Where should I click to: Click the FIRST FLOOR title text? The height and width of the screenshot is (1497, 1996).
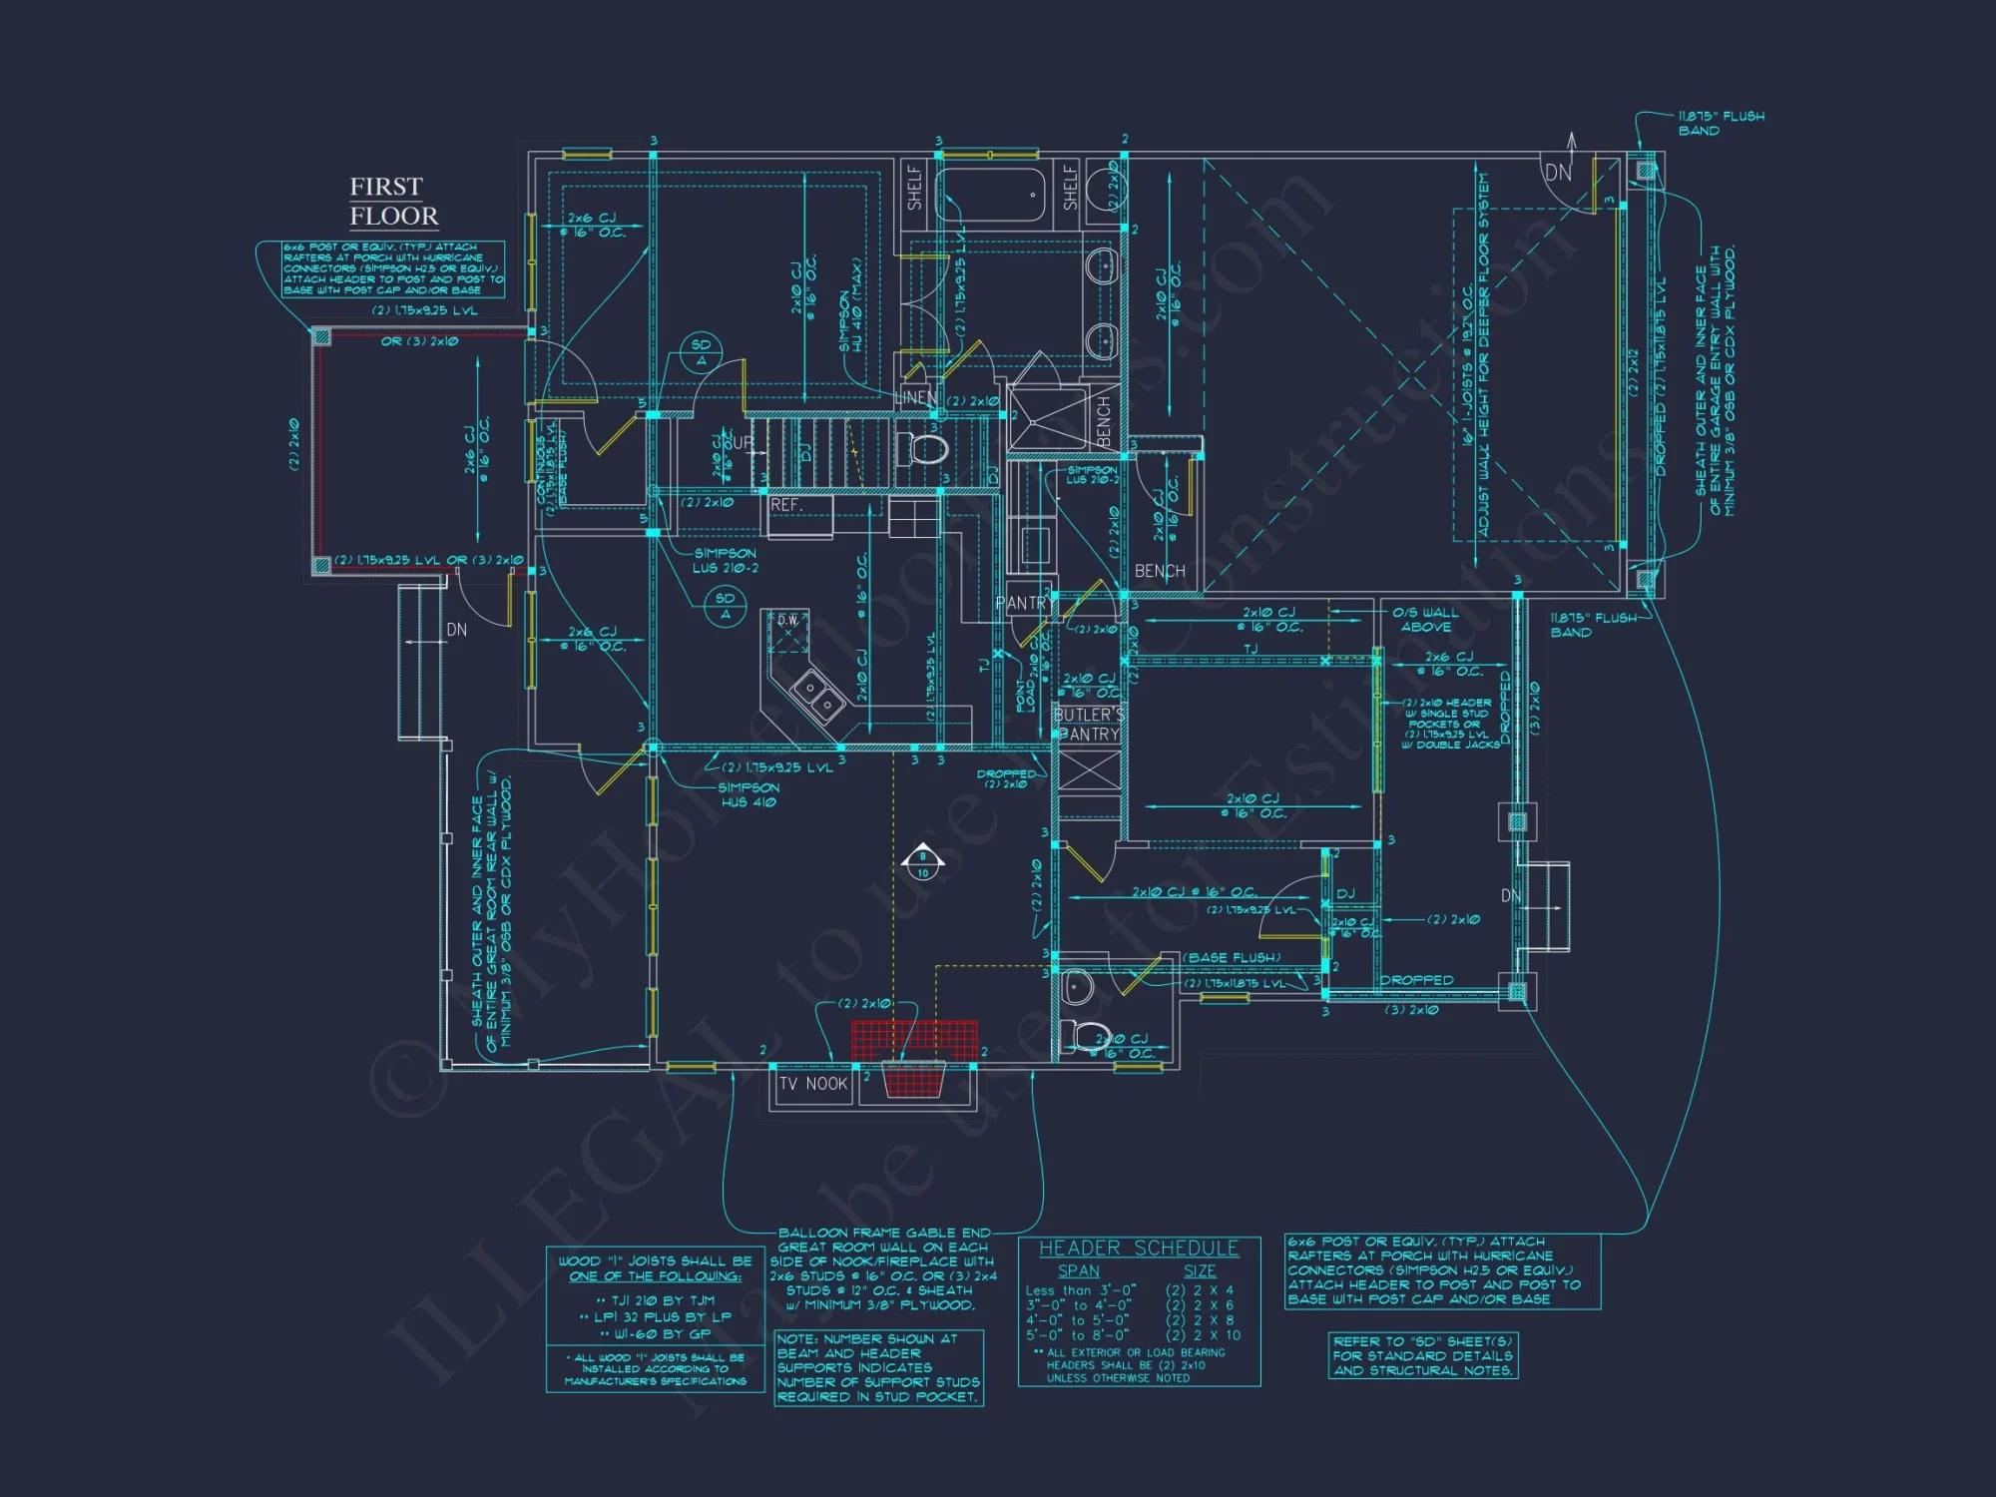[393, 202]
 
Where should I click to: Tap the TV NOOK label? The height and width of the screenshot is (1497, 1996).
[812, 1084]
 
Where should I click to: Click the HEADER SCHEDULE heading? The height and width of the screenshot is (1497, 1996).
[1139, 1248]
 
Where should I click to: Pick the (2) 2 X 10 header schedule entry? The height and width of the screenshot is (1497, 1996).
[1203, 1335]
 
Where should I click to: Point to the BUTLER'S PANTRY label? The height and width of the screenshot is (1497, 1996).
[1089, 725]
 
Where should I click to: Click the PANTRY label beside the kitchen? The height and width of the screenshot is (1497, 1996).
[1022, 603]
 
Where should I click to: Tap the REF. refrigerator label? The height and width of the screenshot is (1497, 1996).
[786, 505]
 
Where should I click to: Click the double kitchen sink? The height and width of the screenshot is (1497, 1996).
[819, 697]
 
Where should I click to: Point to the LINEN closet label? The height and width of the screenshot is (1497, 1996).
[916, 397]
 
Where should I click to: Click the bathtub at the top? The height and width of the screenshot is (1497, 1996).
[990, 193]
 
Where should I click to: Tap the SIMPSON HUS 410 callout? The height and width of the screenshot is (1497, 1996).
[748, 795]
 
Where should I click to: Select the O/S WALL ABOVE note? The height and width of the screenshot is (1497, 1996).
[1425, 620]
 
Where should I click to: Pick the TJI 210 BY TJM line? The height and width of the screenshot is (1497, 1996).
[655, 1300]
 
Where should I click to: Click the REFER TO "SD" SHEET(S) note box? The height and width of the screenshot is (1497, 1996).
[1423, 1356]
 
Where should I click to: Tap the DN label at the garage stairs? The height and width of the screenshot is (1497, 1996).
[1558, 173]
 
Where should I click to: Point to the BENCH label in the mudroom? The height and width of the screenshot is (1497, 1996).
[1160, 571]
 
